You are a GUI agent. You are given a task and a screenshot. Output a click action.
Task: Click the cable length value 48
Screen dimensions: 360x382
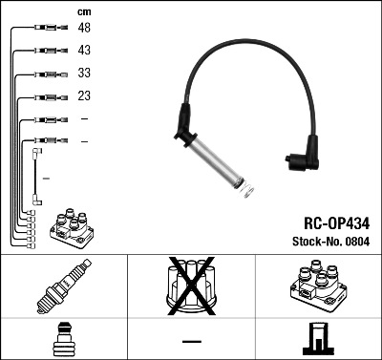coord(85,29)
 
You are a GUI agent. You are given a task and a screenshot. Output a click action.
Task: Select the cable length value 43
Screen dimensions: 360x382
coord(85,50)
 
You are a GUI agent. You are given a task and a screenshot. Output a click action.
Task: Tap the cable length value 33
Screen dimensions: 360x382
coord(85,73)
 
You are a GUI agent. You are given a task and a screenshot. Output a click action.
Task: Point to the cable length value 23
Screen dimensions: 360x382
coord(85,95)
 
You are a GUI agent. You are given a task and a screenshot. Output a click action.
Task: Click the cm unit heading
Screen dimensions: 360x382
coord(84,11)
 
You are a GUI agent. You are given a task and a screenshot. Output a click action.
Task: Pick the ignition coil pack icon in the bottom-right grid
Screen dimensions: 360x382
coord(316,286)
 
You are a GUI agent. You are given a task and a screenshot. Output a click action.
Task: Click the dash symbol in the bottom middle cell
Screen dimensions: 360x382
coord(191,340)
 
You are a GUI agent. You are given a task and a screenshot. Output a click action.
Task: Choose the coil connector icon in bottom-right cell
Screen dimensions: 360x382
coord(316,338)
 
